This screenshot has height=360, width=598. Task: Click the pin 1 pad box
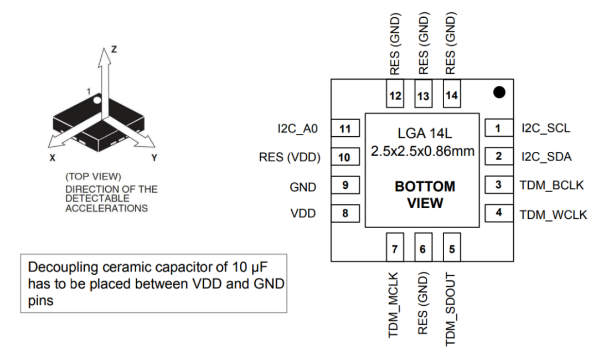(x=498, y=129)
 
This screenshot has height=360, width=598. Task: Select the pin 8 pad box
(x=345, y=212)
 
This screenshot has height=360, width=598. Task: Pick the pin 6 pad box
(x=422, y=249)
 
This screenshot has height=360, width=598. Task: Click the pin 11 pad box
(x=345, y=129)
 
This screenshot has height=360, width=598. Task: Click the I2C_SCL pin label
(x=545, y=128)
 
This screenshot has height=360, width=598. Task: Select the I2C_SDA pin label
(x=547, y=157)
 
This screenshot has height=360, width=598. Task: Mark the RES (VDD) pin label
(x=290, y=157)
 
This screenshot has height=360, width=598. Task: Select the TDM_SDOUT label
(x=451, y=309)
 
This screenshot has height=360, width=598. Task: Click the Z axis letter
(x=114, y=49)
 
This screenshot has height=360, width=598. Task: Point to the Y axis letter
(x=154, y=158)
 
